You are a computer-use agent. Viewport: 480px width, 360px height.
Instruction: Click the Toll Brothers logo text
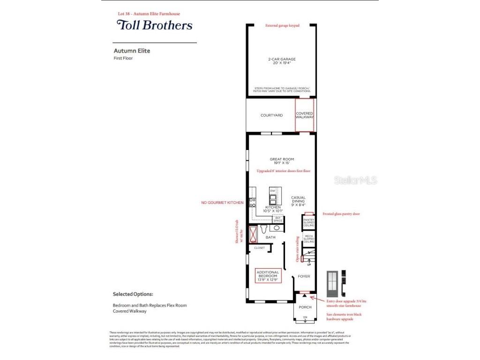(154, 25)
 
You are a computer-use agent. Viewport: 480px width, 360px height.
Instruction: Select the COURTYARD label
(271, 115)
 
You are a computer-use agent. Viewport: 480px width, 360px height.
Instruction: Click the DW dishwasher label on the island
(272, 191)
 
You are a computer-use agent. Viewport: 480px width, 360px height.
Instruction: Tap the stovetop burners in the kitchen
(252, 202)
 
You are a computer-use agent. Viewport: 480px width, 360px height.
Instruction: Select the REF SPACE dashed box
(277, 219)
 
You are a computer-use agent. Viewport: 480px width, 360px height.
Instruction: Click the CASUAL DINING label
(299, 201)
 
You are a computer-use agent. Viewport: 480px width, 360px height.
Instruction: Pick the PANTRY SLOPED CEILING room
(308, 222)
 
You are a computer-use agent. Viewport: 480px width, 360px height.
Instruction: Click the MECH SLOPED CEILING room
(308, 239)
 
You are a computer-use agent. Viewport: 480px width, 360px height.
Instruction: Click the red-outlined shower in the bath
(253, 233)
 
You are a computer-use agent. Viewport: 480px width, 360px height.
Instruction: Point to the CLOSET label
(259, 248)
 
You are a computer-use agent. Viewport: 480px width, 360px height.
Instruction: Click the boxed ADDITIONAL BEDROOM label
(268, 275)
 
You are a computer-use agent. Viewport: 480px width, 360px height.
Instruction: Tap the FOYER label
(304, 277)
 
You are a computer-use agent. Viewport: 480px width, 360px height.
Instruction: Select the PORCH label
(305, 307)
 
